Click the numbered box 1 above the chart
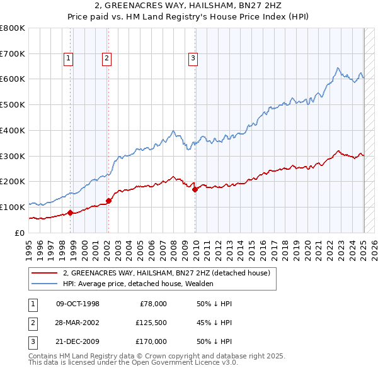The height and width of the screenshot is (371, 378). pos(67,58)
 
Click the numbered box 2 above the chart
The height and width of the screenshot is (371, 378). pos(107,58)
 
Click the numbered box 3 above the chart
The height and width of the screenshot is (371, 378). pos(193,58)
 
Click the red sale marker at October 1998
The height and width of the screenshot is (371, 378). pos(70,213)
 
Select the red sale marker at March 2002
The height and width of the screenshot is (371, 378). pos(108,201)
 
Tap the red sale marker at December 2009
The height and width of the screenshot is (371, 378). pos(195,189)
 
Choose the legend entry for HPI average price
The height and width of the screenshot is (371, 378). pos(138,284)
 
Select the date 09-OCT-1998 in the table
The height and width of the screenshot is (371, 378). pos(77,304)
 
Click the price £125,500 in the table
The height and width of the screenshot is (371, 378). pos(151,323)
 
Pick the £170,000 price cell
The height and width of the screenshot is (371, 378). pos(151,341)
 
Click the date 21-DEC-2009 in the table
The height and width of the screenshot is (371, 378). pos(77,341)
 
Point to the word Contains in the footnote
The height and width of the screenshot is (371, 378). pos(43,356)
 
